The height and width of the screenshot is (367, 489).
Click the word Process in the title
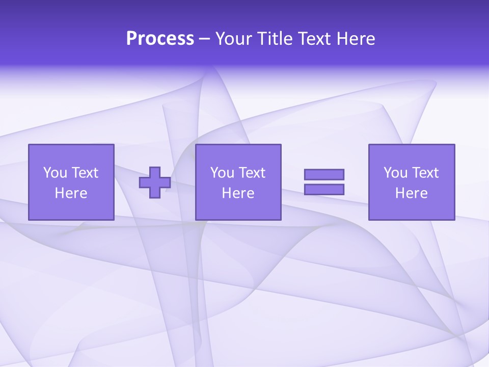pyautogui.click(x=160, y=39)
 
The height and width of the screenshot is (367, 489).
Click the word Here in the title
pyautogui.click(x=356, y=39)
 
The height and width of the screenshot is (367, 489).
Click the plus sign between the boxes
pyautogui.click(x=155, y=182)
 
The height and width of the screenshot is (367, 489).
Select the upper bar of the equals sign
pyautogui.click(x=324, y=174)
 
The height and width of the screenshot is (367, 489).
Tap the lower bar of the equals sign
pyautogui.click(x=324, y=189)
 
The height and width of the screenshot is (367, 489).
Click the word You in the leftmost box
pyautogui.click(x=55, y=173)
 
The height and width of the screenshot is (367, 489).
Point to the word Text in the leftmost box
pyautogui.click(x=85, y=173)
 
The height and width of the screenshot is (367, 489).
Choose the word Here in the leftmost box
pyautogui.click(x=71, y=193)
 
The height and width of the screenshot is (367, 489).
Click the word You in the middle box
pyautogui.click(x=222, y=173)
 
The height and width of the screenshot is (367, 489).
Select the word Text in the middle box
pyautogui.click(x=252, y=173)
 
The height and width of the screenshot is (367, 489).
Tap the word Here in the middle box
pyautogui.click(x=238, y=193)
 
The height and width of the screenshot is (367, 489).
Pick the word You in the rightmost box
pyautogui.click(x=395, y=173)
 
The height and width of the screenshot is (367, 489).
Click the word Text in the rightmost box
pyautogui.click(x=425, y=173)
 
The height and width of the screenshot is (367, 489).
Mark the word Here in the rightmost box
pyautogui.click(x=411, y=193)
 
